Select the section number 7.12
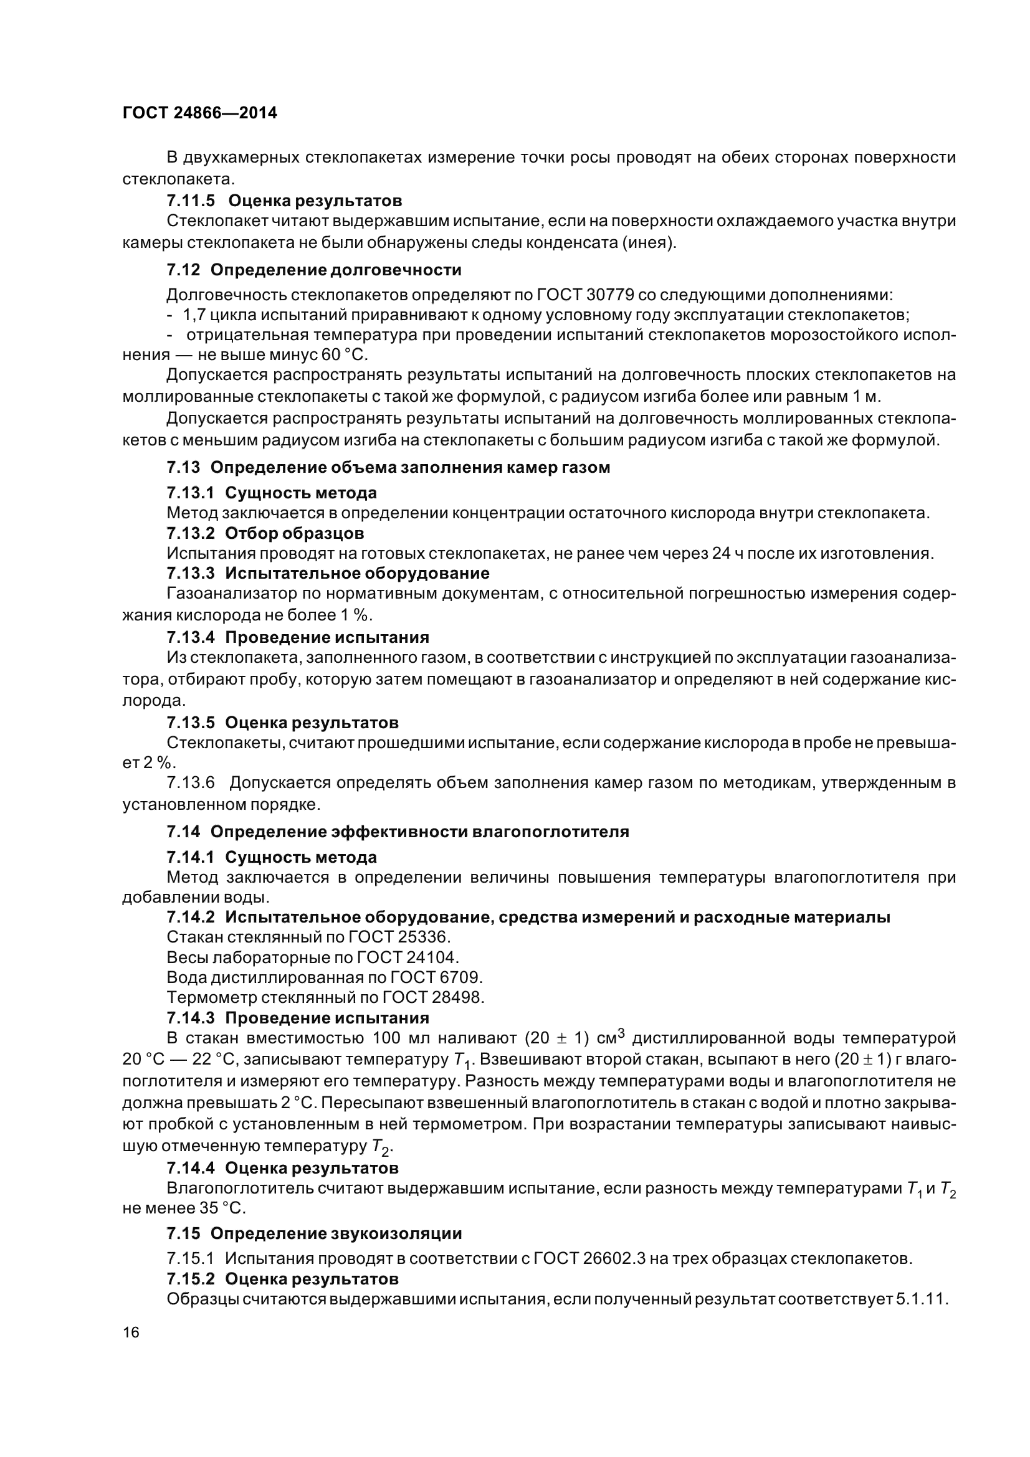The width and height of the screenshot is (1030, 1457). [x=183, y=270]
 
